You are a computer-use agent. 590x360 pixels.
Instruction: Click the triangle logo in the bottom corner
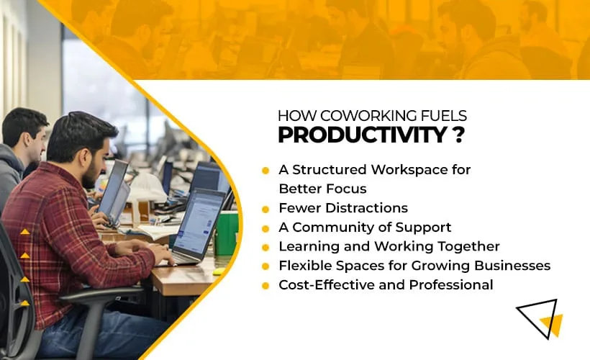click(x=539, y=318)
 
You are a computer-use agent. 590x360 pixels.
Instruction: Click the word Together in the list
click(x=467, y=247)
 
